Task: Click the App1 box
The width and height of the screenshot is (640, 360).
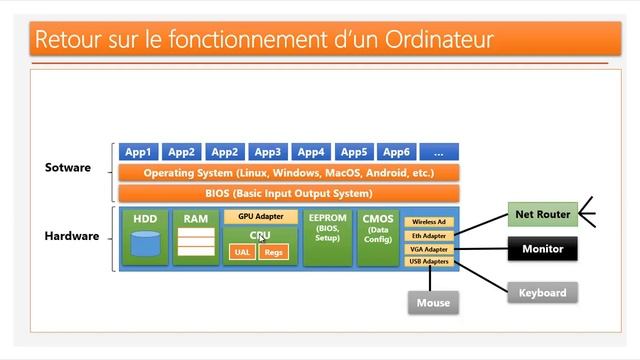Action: tap(138, 152)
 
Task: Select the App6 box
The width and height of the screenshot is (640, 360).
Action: tap(396, 152)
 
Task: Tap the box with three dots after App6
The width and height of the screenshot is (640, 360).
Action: tap(439, 152)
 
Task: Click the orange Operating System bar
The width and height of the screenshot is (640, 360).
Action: tap(288, 173)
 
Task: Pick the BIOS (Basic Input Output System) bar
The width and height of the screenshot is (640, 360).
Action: tap(288, 193)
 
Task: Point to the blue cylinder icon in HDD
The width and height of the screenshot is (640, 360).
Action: tap(145, 243)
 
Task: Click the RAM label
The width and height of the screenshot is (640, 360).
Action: tap(195, 218)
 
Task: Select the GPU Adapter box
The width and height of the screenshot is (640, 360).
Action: tap(260, 216)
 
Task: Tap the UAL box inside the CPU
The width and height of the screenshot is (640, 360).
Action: tap(242, 252)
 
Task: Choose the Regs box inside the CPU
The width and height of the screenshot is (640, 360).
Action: tap(274, 252)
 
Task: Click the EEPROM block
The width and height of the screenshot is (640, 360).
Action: tap(327, 238)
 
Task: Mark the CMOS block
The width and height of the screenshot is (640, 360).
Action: tap(378, 238)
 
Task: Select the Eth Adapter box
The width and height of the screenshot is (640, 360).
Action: tap(429, 236)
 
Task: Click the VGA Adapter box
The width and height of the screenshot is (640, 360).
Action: tap(429, 249)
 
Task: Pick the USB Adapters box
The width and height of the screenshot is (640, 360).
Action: tap(429, 262)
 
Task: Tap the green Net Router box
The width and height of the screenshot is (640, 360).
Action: tap(542, 214)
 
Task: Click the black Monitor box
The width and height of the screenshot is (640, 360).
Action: tap(542, 249)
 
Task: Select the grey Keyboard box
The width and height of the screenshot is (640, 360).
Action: tap(542, 293)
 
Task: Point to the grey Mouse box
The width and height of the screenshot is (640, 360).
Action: tap(433, 302)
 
